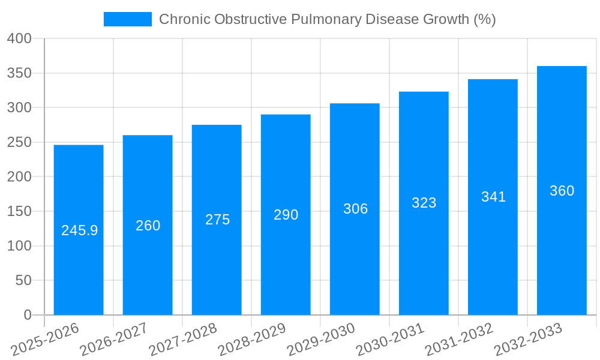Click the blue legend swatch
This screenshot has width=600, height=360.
click(127, 19)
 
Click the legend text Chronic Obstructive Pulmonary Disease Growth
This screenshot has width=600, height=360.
click(327, 19)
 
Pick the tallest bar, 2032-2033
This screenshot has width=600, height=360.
click(562, 252)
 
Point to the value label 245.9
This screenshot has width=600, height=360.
click(79, 230)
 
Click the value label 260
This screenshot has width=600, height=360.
click(148, 226)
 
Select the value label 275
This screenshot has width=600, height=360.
click(217, 220)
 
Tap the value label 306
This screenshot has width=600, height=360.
click(355, 209)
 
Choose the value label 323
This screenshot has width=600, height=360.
click(424, 203)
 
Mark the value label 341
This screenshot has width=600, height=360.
click(493, 197)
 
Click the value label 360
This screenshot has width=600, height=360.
click(562, 191)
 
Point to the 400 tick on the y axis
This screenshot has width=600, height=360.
click(19, 39)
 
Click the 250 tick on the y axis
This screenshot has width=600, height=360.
click(19, 143)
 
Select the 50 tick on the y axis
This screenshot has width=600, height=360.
click(23, 281)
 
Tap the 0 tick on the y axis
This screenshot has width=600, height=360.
click(27, 315)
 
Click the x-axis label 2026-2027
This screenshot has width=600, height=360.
click(115, 340)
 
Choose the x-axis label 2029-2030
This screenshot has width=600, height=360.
click(322, 340)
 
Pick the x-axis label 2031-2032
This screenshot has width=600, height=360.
click(460, 340)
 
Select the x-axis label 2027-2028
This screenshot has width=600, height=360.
click(184, 340)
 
